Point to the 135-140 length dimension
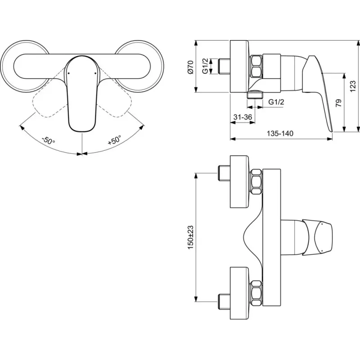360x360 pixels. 281,134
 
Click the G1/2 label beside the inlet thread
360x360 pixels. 205,66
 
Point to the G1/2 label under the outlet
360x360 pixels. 277,102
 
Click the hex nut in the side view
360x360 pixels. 257,66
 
